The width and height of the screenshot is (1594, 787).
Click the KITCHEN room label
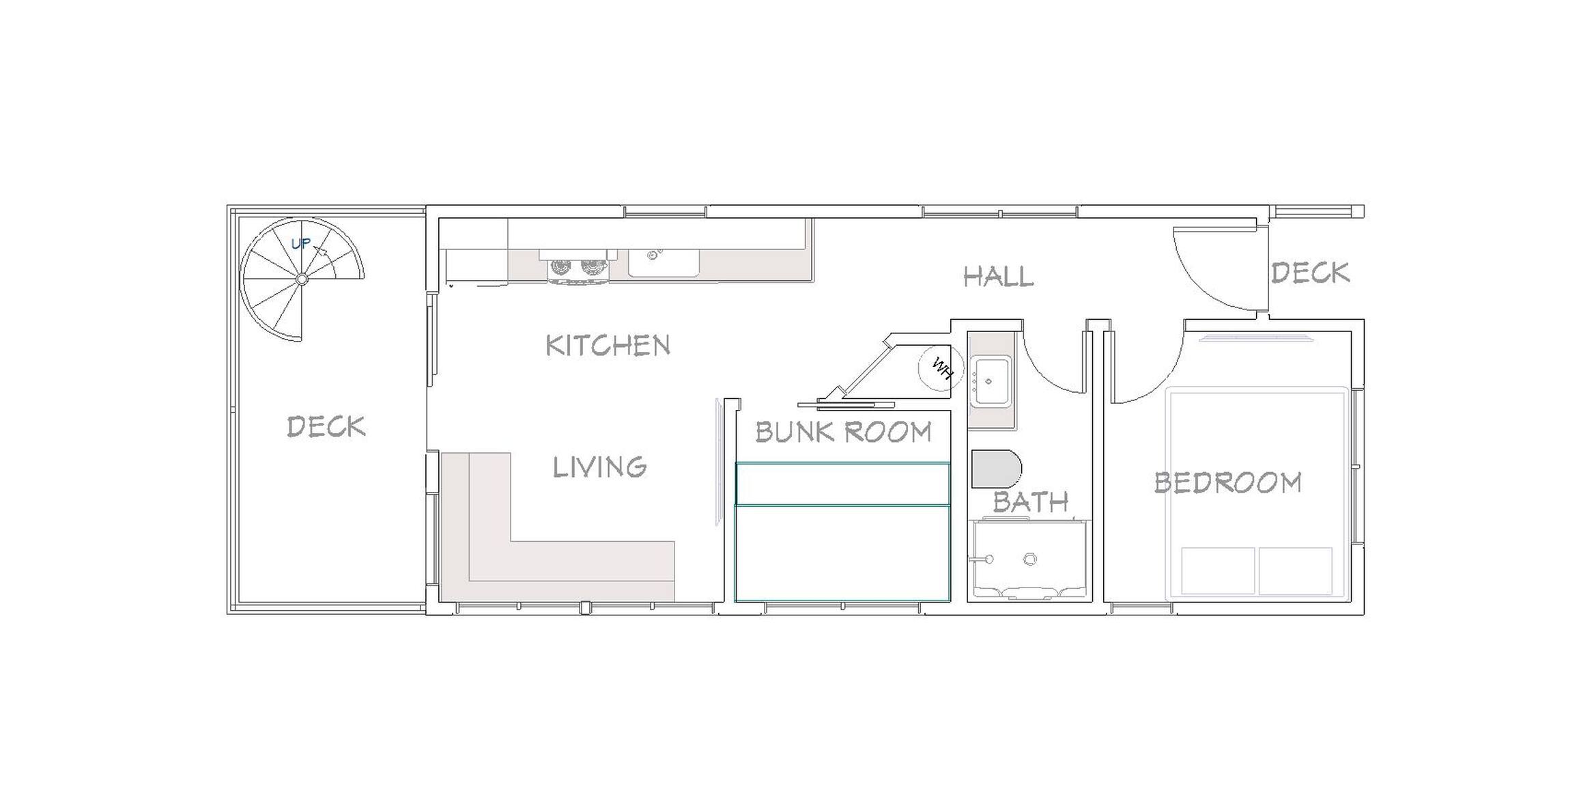tap(608, 345)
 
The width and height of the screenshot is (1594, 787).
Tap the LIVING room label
tap(599, 467)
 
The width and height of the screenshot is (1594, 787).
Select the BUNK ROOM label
tap(843, 431)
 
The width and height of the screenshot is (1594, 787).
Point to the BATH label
tap(1030, 502)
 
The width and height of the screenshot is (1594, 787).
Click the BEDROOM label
tap(1227, 482)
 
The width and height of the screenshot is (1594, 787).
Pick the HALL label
tap(998, 276)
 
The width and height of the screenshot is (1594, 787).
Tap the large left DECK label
tap(326, 426)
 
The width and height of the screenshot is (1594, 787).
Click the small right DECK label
tap(1310, 273)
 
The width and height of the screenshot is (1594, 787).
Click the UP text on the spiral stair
tap(301, 243)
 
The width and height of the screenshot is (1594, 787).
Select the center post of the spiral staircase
tap(302, 279)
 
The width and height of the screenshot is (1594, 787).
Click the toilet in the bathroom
tap(996, 469)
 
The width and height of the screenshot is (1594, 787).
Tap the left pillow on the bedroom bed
tap(1218, 570)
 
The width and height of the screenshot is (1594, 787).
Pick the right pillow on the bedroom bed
tap(1296, 570)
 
